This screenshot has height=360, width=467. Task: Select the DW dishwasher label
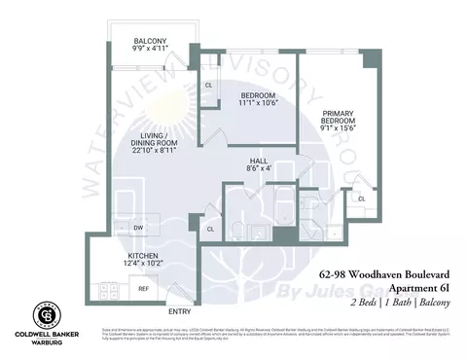(139, 227)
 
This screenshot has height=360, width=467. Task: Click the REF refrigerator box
(142, 289)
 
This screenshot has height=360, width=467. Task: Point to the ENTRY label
(179, 311)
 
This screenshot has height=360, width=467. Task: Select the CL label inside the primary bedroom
(361, 198)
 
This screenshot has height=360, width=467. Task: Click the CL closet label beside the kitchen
(209, 229)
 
